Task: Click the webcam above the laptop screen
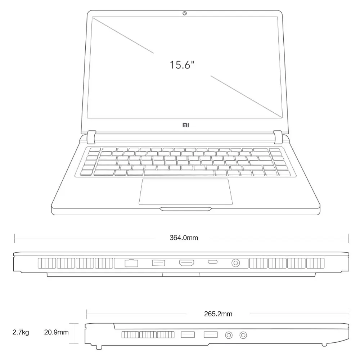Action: coord(184,14)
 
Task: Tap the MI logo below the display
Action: coord(185,125)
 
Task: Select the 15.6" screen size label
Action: coord(182,65)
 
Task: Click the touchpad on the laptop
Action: coord(185,191)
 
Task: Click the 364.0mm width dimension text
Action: coord(184,238)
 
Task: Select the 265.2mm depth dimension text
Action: coord(218,314)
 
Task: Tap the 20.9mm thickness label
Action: coord(56,332)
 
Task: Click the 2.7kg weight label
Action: coord(21,332)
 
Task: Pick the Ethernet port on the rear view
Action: coord(131,263)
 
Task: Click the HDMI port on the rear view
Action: coord(187,263)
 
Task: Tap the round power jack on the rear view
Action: coord(236,263)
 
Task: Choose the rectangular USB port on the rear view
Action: coord(158,263)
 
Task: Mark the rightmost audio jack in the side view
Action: coord(243,336)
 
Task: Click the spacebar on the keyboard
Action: coord(179,173)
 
